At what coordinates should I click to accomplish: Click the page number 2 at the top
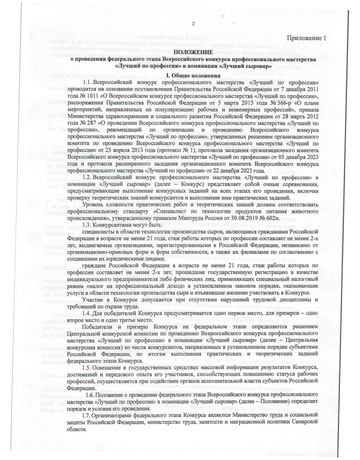point(192,24)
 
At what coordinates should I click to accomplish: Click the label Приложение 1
point(305,38)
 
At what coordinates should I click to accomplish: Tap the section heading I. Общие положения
point(193,75)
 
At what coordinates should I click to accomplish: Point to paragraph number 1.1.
point(88,83)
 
